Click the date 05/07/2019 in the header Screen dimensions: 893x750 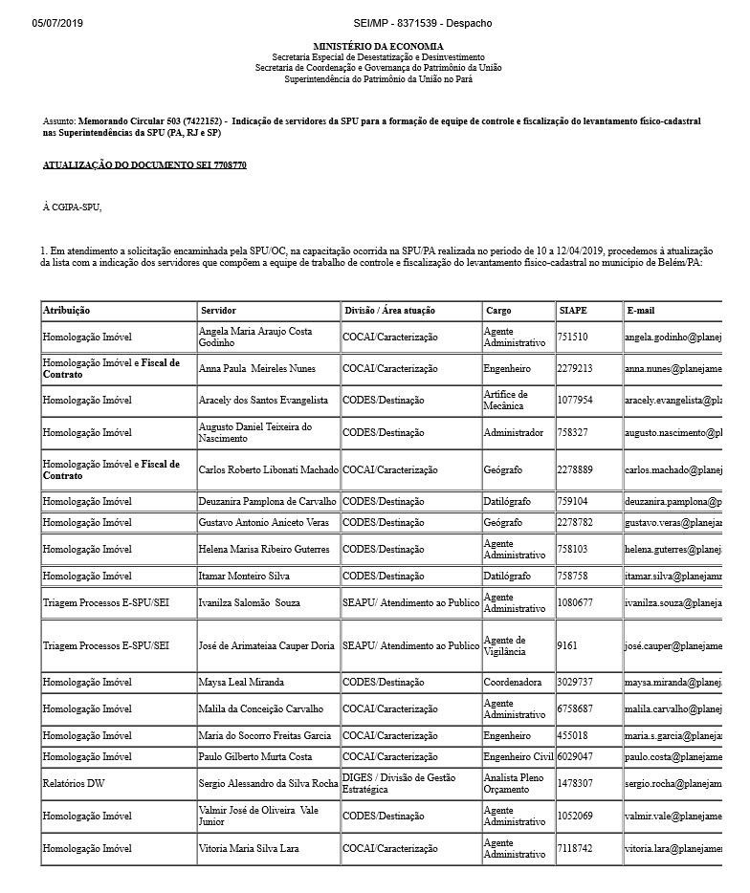pyautogui.click(x=57, y=22)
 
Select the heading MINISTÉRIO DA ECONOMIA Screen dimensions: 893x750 pyautogui.click(x=378, y=47)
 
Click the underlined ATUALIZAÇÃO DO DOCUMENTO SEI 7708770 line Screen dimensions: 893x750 pyautogui.click(x=144, y=165)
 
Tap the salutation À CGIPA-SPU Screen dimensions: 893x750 pyautogui.click(x=72, y=207)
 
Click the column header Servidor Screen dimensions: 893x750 pyautogui.click(x=219, y=311)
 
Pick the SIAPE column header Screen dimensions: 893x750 pyautogui.click(x=573, y=311)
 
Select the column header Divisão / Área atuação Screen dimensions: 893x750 pyautogui.click(x=389, y=311)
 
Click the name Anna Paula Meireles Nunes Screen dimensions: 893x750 pyautogui.click(x=256, y=368)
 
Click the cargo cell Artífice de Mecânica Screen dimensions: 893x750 pyautogui.click(x=505, y=400)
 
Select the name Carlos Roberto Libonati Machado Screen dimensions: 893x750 pyautogui.click(x=268, y=470)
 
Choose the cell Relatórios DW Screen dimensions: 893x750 pyautogui.click(x=74, y=783)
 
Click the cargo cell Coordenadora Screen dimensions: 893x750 pyautogui.click(x=514, y=683)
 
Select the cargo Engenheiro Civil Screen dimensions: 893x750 pyautogui.click(x=518, y=756)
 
